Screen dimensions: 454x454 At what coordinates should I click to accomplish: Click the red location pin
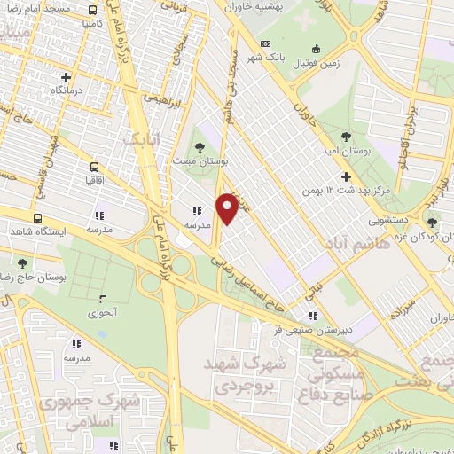tap(228, 207)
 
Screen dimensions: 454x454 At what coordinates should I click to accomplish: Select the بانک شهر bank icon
tap(264, 44)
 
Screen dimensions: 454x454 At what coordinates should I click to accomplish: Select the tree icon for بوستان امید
tap(347, 137)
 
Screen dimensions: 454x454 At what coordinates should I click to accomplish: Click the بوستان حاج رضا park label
tap(35, 278)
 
